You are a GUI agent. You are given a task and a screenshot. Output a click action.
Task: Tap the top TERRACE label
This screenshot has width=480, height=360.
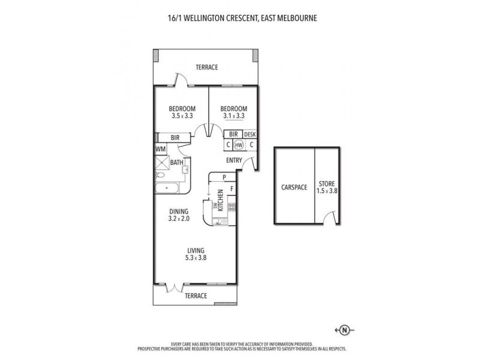206,67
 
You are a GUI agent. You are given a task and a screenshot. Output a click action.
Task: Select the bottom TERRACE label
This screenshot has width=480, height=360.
196,296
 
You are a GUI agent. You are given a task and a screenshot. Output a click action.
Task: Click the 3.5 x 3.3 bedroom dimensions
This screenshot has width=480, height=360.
184,116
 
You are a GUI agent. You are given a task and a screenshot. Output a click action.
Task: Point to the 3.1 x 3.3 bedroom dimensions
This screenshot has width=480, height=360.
235,116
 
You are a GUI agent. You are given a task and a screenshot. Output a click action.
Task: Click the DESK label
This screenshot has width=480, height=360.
250,135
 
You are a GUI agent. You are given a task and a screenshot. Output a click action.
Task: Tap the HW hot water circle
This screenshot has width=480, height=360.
239,145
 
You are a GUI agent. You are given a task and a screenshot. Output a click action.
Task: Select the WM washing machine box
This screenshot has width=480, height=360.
160,149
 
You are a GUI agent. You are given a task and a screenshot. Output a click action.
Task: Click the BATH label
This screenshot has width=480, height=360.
176,162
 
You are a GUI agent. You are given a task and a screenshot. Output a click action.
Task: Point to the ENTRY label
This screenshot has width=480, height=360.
235,160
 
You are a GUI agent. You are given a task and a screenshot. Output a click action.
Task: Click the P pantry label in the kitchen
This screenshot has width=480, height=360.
224,177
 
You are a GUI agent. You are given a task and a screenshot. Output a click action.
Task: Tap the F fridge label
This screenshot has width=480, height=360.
232,190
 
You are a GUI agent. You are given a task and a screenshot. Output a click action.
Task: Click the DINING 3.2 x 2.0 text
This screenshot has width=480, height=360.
179,215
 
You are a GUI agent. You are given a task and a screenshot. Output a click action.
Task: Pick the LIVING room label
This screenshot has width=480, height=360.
196,250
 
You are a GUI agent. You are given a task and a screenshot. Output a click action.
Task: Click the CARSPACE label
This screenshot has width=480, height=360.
294,187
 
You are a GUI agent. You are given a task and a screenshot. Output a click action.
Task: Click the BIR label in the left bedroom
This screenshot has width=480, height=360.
175,137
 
